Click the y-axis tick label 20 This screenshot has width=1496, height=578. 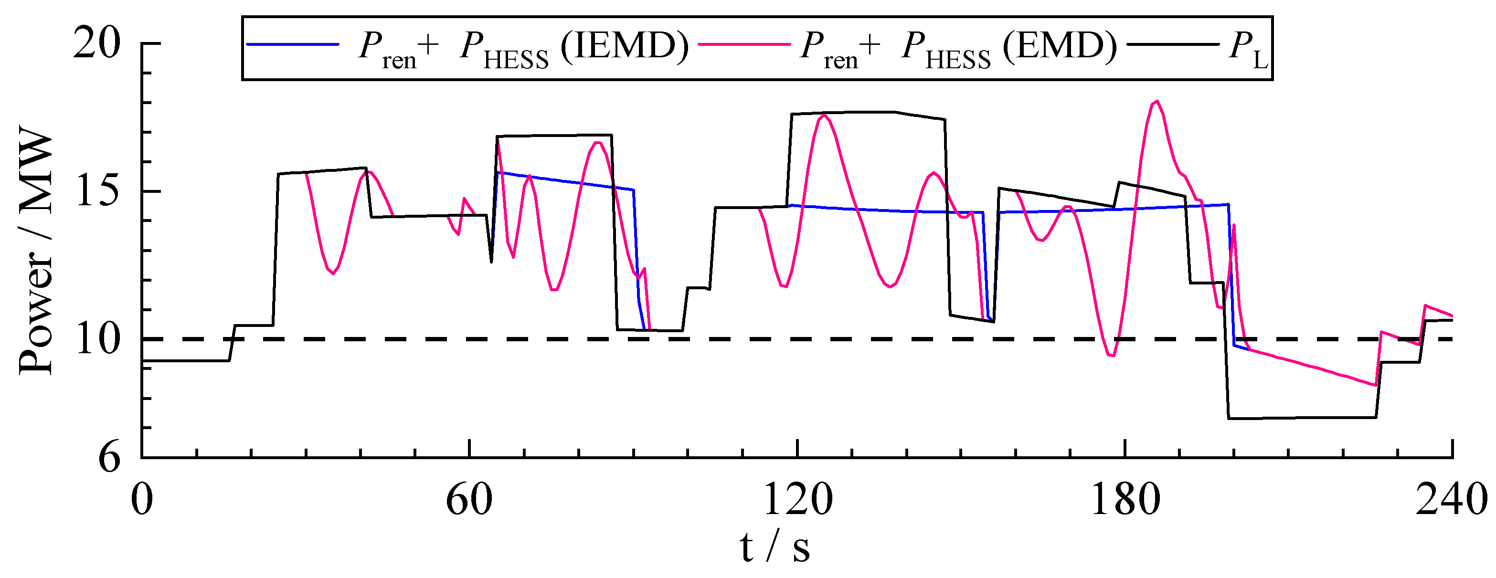96,43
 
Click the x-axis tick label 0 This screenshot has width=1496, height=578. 142,500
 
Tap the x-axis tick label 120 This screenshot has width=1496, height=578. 797,500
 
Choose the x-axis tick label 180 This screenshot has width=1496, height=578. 1125,500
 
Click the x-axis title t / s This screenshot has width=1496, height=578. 775,548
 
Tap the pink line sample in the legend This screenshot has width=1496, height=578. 744,44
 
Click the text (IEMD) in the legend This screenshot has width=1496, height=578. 624,46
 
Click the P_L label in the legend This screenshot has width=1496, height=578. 1249,49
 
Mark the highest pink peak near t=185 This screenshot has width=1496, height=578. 1157,102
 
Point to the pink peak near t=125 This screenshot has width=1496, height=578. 824,115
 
